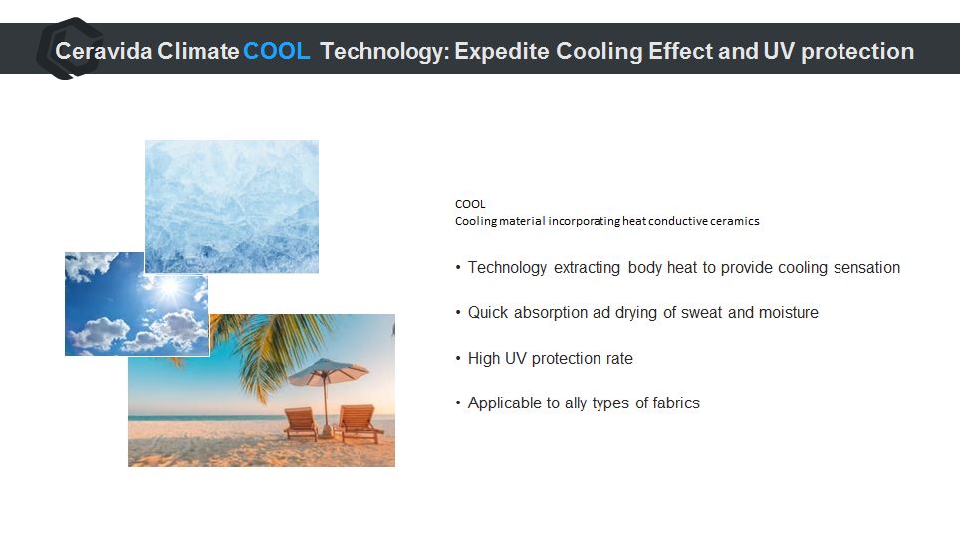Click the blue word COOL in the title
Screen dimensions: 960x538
pyautogui.click(x=276, y=51)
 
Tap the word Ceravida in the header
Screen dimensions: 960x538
pyautogui.click(x=104, y=51)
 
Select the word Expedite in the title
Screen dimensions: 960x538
pyautogui.click(x=502, y=51)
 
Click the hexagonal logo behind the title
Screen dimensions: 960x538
pyautogui.click(x=69, y=49)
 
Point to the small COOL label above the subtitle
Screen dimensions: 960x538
pyautogui.click(x=470, y=204)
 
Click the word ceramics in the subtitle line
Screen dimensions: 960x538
pyautogui.click(x=735, y=221)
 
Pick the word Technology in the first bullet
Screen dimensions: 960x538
pyautogui.click(x=507, y=268)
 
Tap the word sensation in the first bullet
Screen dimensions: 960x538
pyautogui.click(x=867, y=268)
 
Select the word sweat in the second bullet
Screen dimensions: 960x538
pyautogui.click(x=702, y=313)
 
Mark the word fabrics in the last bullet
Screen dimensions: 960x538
pyautogui.click(x=676, y=403)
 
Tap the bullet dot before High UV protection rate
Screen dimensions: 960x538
pyautogui.click(x=458, y=358)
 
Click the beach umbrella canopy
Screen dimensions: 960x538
pyautogui.click(x=329, y=371)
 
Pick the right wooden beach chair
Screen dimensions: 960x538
pyautogui.click(x=359, y=422)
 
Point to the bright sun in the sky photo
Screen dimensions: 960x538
pyautogui.click(x=169, y=287)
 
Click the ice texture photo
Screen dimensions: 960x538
pyautogui.click(x=232, y=207)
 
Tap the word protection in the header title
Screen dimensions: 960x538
pyautogui.click(x=857, y=51)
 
